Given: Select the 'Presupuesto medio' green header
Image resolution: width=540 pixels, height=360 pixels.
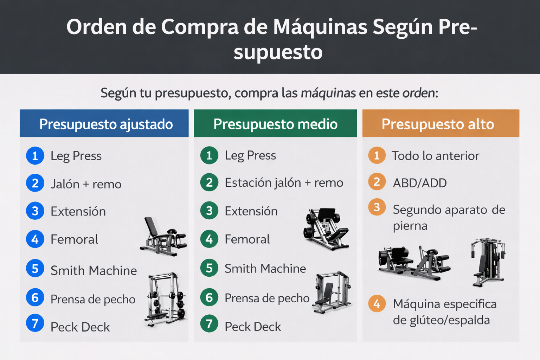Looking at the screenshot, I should tap(275, 123).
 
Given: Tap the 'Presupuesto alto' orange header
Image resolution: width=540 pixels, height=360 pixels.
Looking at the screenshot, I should tap(441, 123).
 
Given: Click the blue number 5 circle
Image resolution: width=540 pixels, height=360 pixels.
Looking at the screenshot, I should tap(35, 269).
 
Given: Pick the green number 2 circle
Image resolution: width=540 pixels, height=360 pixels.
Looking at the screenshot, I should tap(209, 182).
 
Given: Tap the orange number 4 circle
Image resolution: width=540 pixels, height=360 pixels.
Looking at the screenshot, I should tap(377, 303).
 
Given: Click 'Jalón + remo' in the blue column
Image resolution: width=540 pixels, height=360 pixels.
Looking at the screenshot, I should tap(86, 184).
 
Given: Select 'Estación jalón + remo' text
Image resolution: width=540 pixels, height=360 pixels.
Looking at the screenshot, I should tap(284, 183).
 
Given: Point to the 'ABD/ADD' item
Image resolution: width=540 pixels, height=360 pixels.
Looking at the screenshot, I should tap(420, 183).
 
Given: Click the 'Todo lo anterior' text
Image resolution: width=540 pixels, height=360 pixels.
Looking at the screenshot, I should tap(435, 156).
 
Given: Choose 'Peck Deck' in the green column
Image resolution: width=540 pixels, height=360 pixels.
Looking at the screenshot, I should tap(253, 327).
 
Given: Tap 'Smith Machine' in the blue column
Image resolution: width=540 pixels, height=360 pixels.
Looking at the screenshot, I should tap(94, 270).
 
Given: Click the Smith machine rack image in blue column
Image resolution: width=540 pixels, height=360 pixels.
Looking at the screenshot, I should tap(165, 299).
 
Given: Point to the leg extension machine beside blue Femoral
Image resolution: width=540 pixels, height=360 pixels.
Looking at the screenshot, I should tap(163, 236).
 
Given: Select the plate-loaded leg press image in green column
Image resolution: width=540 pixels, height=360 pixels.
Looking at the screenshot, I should tap(326, 229).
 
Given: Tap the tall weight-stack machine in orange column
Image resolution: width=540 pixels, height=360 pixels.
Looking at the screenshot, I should tap(488, 262).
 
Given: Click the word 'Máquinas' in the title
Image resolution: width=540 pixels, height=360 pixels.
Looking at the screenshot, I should tap(320, 27).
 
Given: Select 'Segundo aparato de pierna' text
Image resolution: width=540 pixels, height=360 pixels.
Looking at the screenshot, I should tap(449, 217).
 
